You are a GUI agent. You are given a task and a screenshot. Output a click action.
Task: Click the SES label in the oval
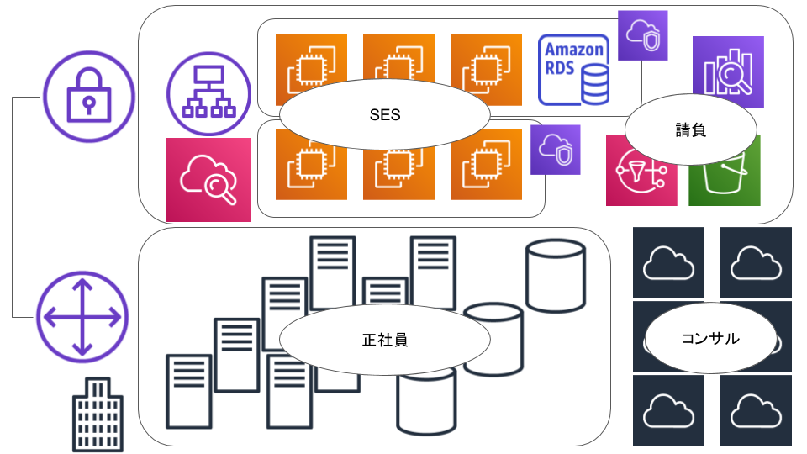coord(385,115)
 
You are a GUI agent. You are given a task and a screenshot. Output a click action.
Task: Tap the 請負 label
coord(691,130)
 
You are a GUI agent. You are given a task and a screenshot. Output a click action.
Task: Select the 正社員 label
coord(385,340)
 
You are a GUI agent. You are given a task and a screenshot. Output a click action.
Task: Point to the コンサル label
coord(710,338)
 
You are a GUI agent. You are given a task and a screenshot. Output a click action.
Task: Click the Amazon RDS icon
coord(574,70)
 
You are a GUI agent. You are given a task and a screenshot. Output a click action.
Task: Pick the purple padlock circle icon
coord(89,96)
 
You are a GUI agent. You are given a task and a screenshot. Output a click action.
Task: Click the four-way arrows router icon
coord(82,317)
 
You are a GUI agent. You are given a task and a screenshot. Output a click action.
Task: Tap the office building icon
coord(98,414)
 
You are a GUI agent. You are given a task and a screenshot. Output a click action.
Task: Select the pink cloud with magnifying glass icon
coord(208,180)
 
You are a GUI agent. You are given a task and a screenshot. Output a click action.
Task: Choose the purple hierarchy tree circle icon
coord(209,93)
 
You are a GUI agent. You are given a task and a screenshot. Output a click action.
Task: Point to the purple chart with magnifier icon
coord(728,71)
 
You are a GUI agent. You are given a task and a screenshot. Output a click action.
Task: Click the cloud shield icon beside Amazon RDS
coord(643,35)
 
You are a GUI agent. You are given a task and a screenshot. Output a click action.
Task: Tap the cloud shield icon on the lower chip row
coord(556,150)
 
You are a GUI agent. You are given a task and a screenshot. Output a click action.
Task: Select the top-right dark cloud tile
coord(756,262)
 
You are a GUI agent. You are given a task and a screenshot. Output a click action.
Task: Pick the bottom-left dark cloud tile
coord(668,411)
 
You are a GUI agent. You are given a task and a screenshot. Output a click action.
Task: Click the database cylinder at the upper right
coord(556,276)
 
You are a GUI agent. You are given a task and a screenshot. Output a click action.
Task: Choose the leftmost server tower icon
coord(189,391)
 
